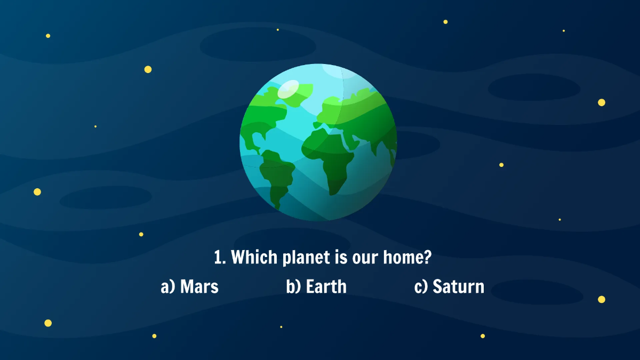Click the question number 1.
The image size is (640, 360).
pos(219,258)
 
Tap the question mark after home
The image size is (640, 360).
pos(427,258)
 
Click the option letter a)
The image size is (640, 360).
pos(168,286)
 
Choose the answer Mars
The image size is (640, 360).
pos(199,286)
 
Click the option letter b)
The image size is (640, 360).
pos(294,286)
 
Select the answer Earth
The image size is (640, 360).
pos(326,286)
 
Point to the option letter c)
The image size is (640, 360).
pos(421,286)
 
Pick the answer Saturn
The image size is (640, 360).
pos(459,286)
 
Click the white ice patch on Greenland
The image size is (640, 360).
pos(289,89)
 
